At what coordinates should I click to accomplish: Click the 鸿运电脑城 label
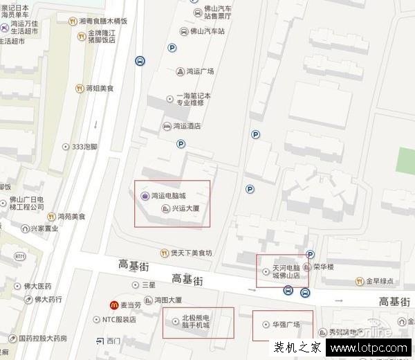click(x=168, y=196)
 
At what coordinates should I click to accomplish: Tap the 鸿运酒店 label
click(x=186, y=126)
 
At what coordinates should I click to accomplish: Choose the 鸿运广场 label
click(x=199, y=71)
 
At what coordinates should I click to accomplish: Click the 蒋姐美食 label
click(x=100, y=89)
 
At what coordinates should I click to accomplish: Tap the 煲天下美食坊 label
click(x=191, y=253)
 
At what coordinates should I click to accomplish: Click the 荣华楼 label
click(x=323, y=266)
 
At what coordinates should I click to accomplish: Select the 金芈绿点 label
click(x=380, y=281)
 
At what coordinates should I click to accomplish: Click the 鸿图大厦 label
click(x=168, y=300)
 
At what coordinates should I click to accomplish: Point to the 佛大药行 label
click(x=48, y=300)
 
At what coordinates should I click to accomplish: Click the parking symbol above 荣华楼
click(x=311, y=255)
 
